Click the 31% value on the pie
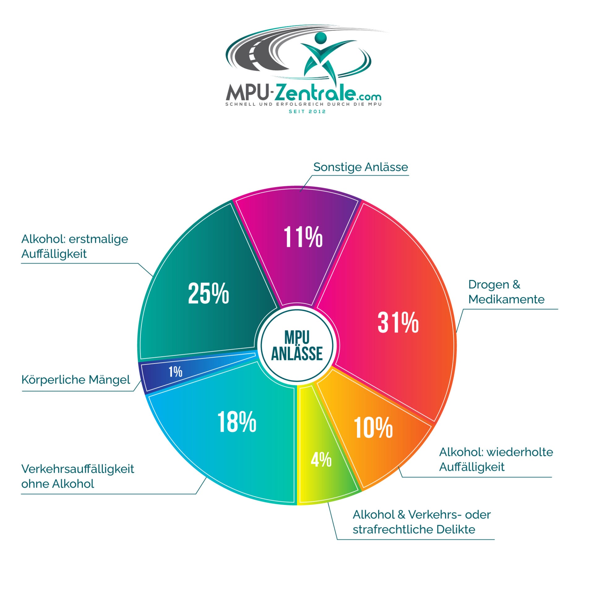pyautogui.click(x=398, y=322)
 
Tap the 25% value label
pyautogui.click(x=208, y=293)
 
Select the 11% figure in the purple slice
pyautogui.click(x=303, y=237)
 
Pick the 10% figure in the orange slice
pyautogui.click(x=373, y=428)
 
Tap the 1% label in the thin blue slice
pyautogui.click(x=175, y=372)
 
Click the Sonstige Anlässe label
pyautogui.click(x=360, y=167)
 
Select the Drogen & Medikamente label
pyautogui.click(x=506, y=292)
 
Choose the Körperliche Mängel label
pyautogui.click(x=76, y=380)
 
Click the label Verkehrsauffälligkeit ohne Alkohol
pyautogui.click(x=77, y=476)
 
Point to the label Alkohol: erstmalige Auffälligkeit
pyautogui.click(x=75, y=246)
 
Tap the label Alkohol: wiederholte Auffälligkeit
pyautogui.click(x=496, y=459)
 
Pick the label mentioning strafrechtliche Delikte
pyautogui.click(x=421, y=522)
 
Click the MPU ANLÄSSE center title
pyautogui.click(x=297, y=346)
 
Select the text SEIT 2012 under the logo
pyautogui.click(x=307, y=111)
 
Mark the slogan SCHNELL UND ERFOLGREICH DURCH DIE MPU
pyautogui.click(x=303, y=104)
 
